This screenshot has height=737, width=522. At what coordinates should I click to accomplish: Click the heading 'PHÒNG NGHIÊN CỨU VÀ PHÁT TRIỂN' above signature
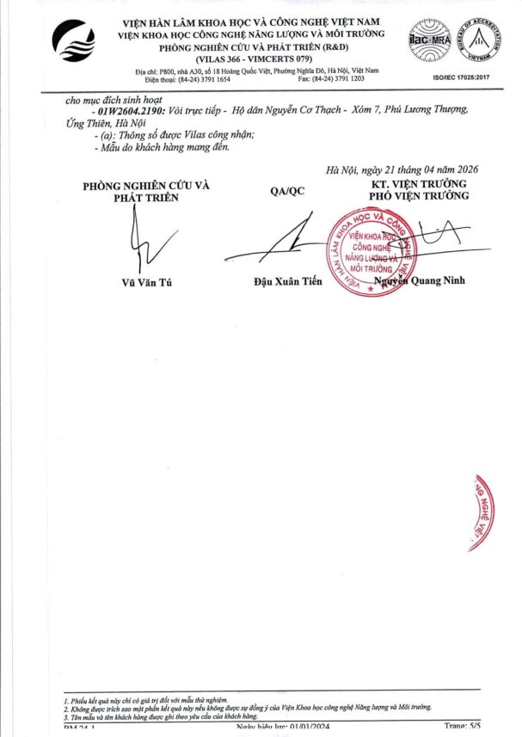pos(145,191)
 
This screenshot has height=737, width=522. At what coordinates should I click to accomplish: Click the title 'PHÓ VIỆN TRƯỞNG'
pos(419,196)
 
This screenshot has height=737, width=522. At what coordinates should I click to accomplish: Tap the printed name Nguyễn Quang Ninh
pos(420,280)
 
